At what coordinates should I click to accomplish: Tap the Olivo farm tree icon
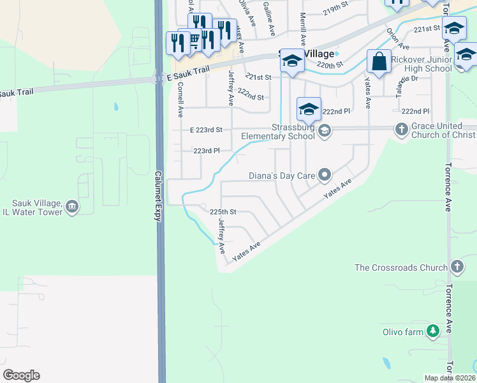click(x=434, y=331)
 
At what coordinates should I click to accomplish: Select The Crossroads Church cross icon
click(x=457, y=267)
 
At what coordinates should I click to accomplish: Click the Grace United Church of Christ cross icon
click(x=401, y=130)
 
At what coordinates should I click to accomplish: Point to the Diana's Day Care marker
click(x=325, y=174)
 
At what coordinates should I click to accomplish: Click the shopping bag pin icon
click(x=379, y=62)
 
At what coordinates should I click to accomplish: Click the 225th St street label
click(x=223, y=211)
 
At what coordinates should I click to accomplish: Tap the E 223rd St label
click(x=206, y=130)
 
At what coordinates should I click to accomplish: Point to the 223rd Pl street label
click(x=207, y=151)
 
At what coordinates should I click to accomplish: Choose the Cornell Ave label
click(x=180, y=100)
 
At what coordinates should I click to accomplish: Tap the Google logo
click(x=21, y=375)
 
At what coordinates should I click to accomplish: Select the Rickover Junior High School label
click(x=422, y=64)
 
